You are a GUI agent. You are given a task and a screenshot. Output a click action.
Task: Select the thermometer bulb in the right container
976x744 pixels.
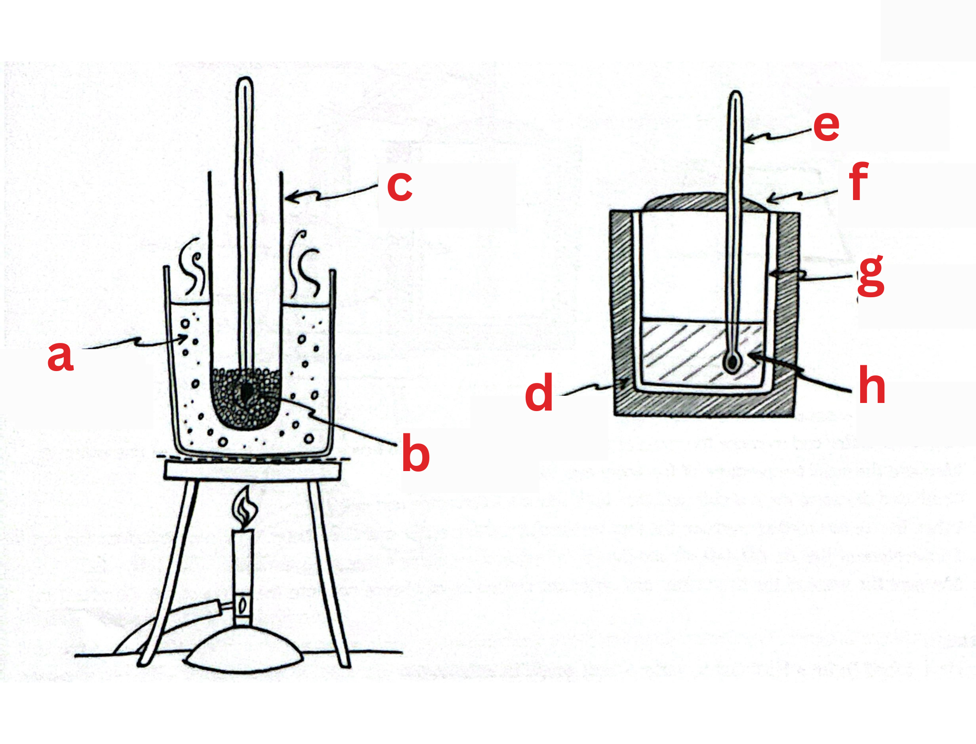pos(733,362)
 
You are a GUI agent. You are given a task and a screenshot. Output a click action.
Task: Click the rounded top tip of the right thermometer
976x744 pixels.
pos(736,95)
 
